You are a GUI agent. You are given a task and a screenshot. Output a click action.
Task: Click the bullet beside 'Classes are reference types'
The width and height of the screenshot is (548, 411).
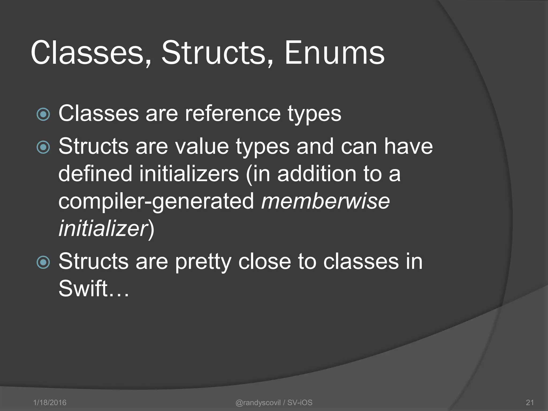[43, 115]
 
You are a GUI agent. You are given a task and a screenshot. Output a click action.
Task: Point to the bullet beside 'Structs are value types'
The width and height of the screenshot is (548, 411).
[43, 147]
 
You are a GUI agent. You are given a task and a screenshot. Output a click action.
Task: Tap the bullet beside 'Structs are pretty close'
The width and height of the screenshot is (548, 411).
[43, 262]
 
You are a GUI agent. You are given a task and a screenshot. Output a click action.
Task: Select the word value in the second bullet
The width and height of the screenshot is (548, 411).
[202, 146]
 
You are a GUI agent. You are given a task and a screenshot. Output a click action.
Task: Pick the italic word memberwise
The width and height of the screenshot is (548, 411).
[325, 201]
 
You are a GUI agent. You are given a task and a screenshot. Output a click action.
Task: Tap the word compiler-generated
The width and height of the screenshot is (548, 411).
[156, 201]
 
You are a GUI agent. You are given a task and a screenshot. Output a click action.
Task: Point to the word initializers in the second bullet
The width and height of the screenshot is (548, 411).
[188, 174]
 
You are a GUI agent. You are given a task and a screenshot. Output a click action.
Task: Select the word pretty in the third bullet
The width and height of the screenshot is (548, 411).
[203, 262]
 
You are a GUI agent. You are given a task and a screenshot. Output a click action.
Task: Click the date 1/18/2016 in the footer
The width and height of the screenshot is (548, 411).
[50, 402]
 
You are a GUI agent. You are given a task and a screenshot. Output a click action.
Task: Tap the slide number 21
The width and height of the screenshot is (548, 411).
[530, 402]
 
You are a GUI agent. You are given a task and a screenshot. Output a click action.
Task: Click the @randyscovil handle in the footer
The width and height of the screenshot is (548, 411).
[258, 402]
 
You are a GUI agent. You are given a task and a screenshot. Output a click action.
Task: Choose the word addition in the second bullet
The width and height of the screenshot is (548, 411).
[317, 174]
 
